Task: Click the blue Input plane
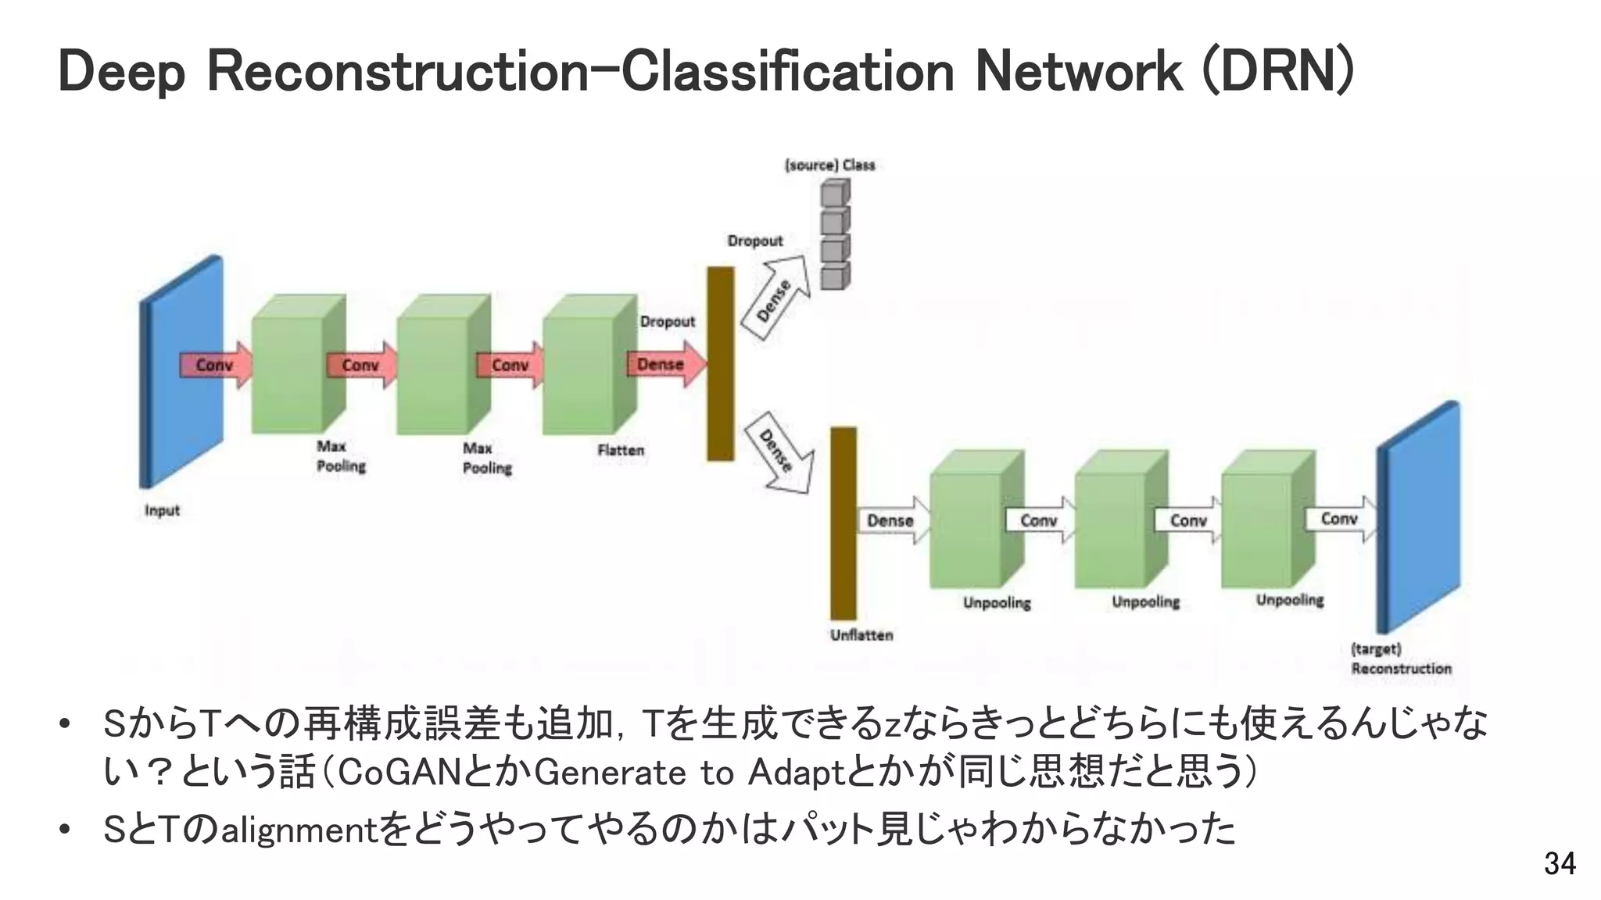181,372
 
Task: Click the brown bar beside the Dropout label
720,364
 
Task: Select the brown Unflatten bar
843,523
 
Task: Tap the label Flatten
621,450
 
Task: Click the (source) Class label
829,165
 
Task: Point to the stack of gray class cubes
835,234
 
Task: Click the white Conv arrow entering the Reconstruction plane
1340,519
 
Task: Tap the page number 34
1560,863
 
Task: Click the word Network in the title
1079,72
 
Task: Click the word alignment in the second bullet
299,830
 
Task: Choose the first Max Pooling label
341,456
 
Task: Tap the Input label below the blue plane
162,510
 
